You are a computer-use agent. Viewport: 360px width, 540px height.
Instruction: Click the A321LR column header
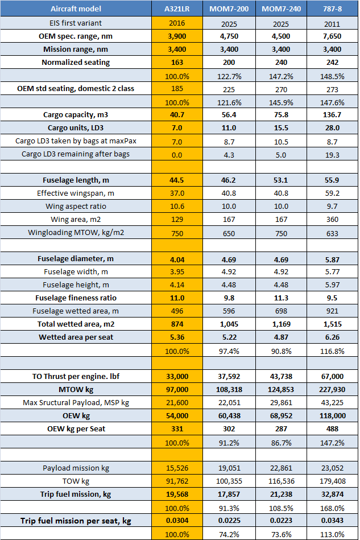point(177,9)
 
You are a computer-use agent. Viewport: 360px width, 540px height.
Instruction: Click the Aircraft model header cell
point(76,9)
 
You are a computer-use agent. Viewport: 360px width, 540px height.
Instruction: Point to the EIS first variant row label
point(76,23)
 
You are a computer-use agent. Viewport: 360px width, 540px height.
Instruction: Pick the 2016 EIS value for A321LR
point(177,23)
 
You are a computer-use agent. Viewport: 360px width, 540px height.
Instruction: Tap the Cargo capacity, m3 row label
point(76,115)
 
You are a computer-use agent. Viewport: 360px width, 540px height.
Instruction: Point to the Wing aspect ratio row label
point(76,206)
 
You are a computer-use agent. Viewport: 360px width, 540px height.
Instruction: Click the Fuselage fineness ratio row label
point(76,298)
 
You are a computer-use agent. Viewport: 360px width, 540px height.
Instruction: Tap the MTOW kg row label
point(76,389)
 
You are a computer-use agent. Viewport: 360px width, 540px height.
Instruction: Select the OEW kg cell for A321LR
point(177,415)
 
